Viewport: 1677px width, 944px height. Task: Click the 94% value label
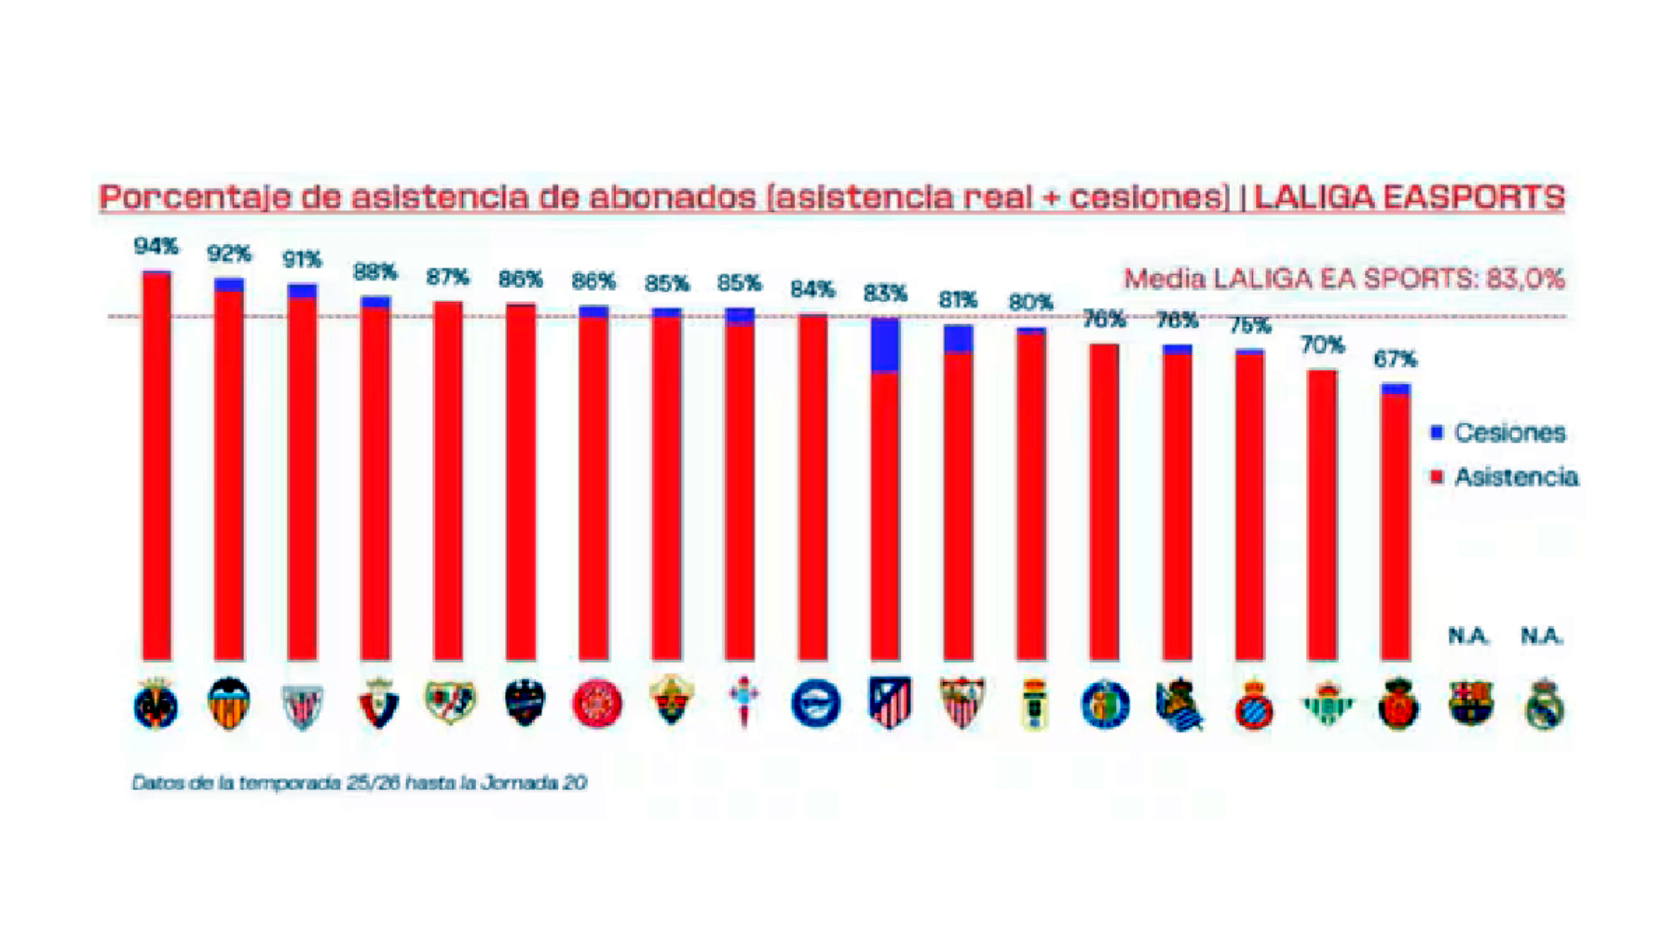click(156, 246)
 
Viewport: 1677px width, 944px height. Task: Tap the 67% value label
click(1395, 359)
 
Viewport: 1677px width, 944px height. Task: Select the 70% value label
click(1322, 346)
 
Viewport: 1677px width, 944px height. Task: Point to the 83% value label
click(884, 294)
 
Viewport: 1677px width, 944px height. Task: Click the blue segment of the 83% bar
click(885, 345)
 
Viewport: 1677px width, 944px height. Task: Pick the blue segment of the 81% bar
click(958, 339)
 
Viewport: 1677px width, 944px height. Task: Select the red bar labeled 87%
click(448, 480)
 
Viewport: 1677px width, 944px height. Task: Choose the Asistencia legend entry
click(1504, 477)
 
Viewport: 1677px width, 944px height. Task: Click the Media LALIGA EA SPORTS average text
click(1343, 279)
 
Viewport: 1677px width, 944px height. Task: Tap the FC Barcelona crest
click(1470, 703)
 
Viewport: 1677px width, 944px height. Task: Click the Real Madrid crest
click(1544, 705)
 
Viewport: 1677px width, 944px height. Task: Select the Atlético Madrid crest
click(888, 703)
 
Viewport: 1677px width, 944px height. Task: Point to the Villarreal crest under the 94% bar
click(156, 704)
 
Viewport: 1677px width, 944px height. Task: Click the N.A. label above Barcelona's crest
click(1468, 636)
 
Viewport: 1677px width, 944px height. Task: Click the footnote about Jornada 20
click(359, 783)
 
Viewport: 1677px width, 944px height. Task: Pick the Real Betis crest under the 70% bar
click(1326, 704)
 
